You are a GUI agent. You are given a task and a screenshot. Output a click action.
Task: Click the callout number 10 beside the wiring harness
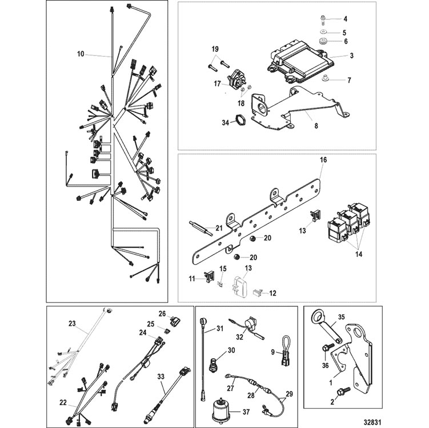80,54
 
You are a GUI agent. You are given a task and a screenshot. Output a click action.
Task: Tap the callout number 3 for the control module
352,55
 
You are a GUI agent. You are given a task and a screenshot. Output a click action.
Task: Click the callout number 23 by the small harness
71,324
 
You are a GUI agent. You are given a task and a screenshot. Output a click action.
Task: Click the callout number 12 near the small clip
272,293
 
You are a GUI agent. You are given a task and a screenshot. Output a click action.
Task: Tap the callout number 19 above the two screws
216,49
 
